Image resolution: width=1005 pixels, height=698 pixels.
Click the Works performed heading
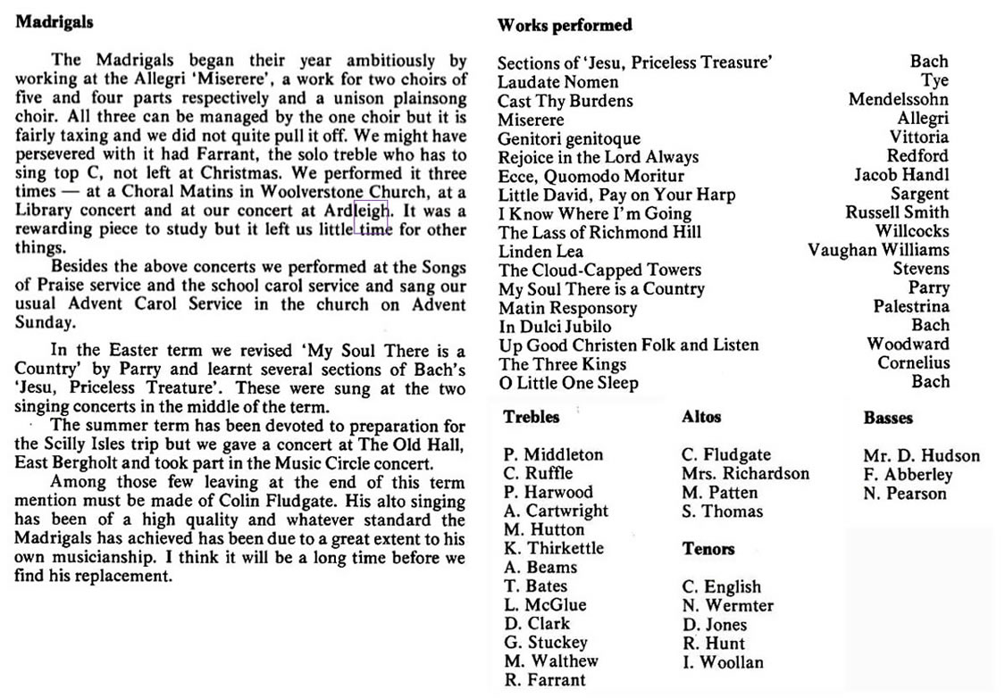564,25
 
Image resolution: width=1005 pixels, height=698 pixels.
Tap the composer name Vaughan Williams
878,250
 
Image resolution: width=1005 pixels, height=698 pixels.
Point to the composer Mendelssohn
898,100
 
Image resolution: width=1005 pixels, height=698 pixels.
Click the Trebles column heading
532,417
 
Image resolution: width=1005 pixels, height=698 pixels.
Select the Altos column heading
701,417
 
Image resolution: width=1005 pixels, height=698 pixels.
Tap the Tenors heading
708,549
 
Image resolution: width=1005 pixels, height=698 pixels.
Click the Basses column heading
888,418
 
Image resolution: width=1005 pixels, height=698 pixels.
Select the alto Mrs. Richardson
745,474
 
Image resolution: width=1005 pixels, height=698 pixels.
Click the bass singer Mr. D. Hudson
921,455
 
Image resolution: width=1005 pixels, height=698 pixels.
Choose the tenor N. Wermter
727,605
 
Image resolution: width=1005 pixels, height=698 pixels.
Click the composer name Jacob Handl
901,175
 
